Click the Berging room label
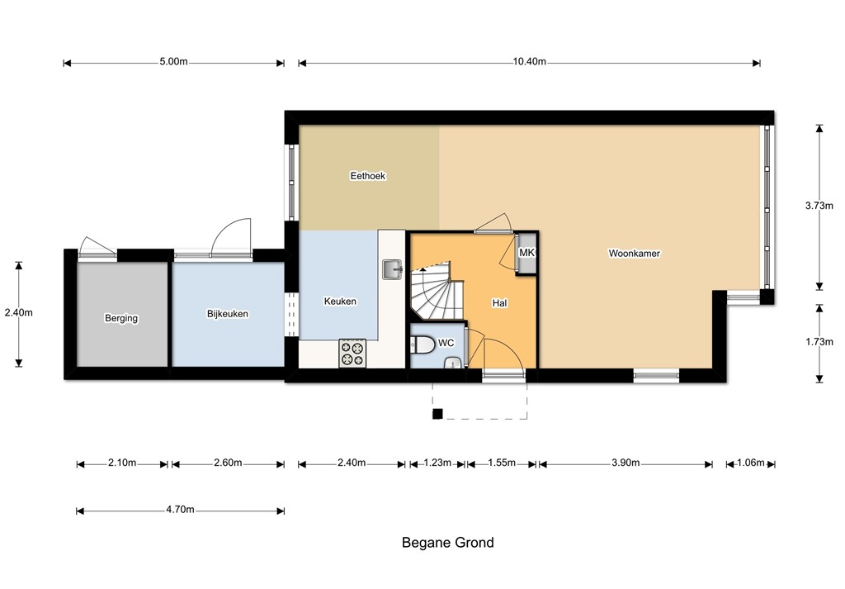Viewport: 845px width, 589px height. [121, 318]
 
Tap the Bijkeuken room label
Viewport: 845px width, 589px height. [228, 314]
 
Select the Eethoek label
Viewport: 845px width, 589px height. [368, 176]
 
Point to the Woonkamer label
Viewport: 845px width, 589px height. [635, 254]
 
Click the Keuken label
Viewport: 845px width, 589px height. [340, 302]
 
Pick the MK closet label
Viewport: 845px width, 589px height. [526, 253]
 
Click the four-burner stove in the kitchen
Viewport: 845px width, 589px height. [352, 354]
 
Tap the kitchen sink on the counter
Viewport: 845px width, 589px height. [392, 269]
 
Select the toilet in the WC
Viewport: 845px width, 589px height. [422, 344]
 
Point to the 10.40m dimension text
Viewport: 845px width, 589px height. [529, 61]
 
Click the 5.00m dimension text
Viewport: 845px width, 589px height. [173, 61]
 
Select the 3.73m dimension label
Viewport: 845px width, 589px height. [819, 206]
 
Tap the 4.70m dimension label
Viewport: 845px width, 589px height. [180, 510]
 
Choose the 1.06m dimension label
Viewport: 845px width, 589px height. [751, 463]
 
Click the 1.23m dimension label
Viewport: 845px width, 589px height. [437, 463]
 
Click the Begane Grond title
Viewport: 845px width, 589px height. [448, 543]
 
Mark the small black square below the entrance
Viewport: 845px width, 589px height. [437, 414]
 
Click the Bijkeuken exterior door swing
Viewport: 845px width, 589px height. [231, 237]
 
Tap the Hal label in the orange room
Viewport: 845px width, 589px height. [499, 303]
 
